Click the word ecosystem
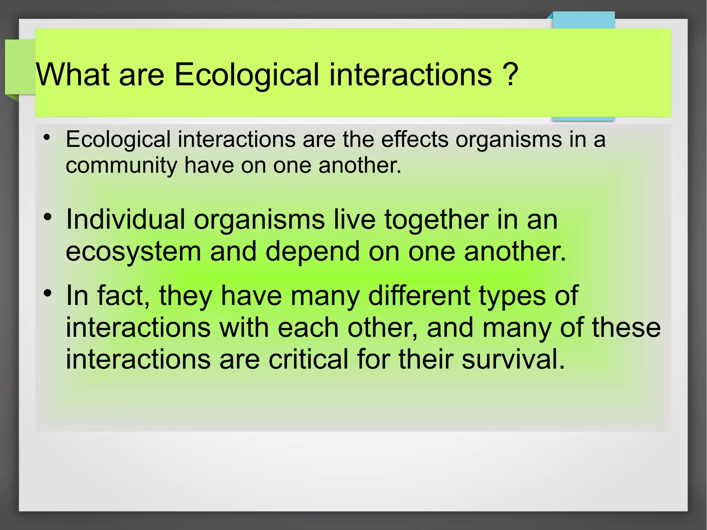(133, 251)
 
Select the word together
(436, 220)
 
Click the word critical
(308, 359)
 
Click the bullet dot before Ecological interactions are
(47, 137)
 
